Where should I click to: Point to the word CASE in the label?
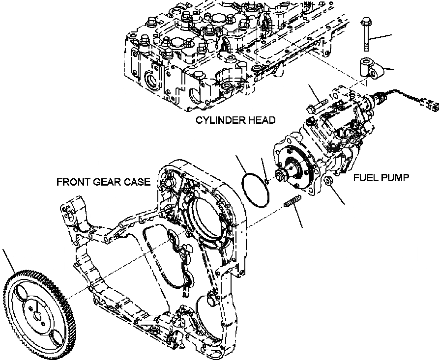(x=138, y=182)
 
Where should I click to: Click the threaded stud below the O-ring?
(x=292, y=202)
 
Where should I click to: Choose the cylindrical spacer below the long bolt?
(x=368, y=67)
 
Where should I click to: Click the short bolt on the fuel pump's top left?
(x=318, y=104)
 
